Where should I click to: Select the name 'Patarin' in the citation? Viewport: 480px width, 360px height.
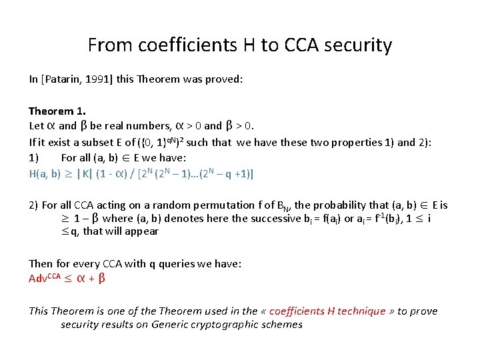click(x=67, y=79)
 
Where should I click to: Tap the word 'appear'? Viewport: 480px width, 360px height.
click(x=143, y=232)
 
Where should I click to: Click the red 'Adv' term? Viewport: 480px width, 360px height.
click(x=37, y=279)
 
